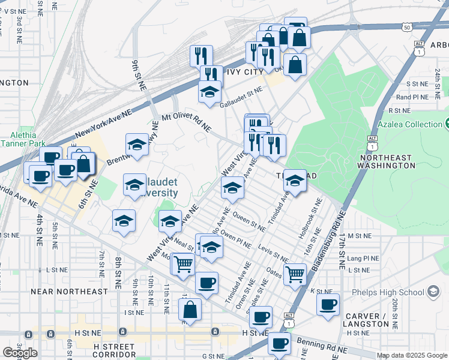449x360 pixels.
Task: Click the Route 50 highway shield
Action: [x=407, y=27]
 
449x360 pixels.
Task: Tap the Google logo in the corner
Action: [x=20, y=353]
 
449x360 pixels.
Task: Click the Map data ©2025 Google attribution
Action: [x=411, y=355]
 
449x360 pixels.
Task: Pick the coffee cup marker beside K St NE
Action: [x=328, y=304]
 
